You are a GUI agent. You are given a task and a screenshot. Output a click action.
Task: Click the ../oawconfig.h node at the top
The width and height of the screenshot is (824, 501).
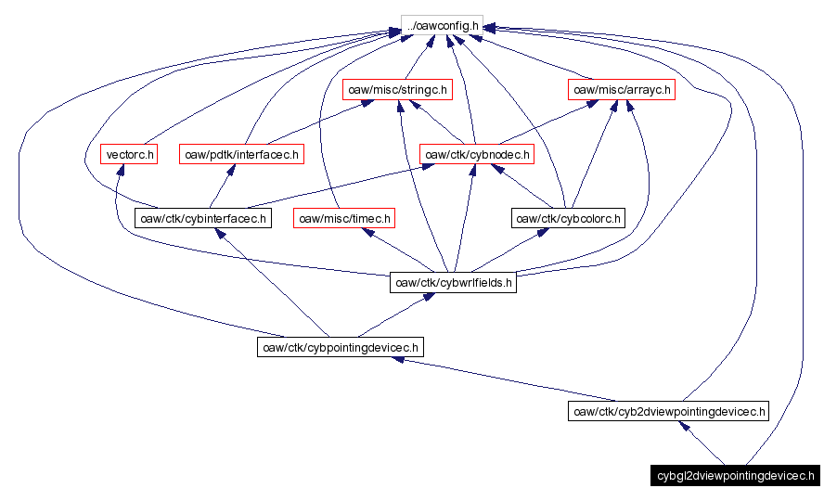point(442,26)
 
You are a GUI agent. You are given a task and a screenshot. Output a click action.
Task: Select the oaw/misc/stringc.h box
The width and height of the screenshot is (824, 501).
point(395,90)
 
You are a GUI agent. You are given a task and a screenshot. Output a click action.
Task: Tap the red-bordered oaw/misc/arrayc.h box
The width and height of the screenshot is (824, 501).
point(620,90)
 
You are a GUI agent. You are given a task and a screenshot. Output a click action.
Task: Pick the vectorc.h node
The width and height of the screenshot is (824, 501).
point(130,154)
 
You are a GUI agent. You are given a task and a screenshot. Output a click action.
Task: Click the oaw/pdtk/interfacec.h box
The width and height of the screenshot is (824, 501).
point(241,154)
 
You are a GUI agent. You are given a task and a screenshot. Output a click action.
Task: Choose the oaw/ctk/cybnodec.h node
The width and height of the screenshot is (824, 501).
point(477,154)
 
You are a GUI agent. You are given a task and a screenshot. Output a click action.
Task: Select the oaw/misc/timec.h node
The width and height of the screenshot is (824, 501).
point(344,219)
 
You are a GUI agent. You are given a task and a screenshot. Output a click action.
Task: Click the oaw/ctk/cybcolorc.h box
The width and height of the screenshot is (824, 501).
point(569,219)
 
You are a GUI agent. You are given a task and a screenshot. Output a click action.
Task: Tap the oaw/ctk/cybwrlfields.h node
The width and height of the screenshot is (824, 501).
point(453,283)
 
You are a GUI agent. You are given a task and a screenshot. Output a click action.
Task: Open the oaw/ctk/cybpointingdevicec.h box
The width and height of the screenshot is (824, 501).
point(340,347)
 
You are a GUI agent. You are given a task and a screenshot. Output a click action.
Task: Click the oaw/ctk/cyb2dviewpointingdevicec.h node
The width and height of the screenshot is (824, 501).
point(668,411)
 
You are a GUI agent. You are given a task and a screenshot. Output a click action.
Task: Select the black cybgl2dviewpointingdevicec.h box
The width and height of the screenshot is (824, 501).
point(735,476)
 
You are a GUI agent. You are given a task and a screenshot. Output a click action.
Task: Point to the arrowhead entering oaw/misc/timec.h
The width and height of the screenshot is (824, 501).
point(368,233)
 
